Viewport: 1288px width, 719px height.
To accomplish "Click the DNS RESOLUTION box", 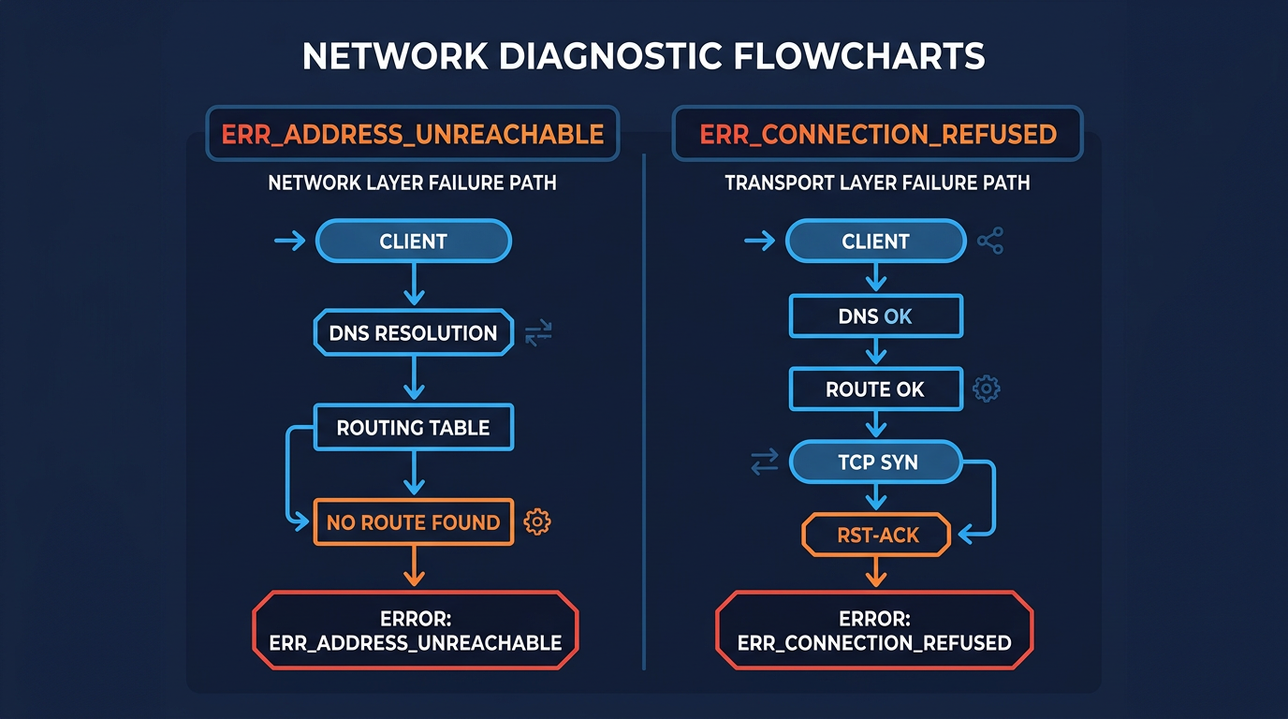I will tap(413, 333).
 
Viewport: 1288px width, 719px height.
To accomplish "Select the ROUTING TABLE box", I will tap(413, 428).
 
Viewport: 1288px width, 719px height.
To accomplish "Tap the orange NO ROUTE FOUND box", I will tap(413, 522).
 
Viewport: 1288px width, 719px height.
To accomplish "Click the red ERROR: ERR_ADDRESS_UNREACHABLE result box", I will tap(415, 631).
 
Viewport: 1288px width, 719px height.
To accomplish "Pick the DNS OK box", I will tap(875, 316).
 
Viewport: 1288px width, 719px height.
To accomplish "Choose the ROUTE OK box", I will tap(875, 389).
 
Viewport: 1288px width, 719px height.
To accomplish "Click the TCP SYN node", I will tap(875, 462).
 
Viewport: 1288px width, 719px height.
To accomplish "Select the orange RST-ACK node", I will tap(875, 536).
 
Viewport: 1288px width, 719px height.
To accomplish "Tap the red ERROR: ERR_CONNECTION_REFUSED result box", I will tap(874, 632).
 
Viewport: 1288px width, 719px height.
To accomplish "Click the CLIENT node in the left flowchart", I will tap(413, 242).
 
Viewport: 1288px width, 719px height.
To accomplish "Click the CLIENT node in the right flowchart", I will tap(875, 242).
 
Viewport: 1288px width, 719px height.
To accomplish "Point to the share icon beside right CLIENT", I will tap(990, 242).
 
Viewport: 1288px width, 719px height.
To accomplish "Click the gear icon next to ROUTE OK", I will tap(987, 389).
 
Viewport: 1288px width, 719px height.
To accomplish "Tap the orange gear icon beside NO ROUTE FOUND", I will tap(537, 522).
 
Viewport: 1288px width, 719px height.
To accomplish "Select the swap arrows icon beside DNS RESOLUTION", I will tap(538, 332).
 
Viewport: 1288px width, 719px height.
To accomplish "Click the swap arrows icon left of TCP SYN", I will tap(765, 462).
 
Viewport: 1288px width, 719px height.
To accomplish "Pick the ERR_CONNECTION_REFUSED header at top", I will tap(877, 134).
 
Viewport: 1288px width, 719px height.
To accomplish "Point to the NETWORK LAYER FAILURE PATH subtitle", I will tap(412, 183).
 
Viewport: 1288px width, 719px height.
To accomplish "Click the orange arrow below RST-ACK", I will tap(875, 572).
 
